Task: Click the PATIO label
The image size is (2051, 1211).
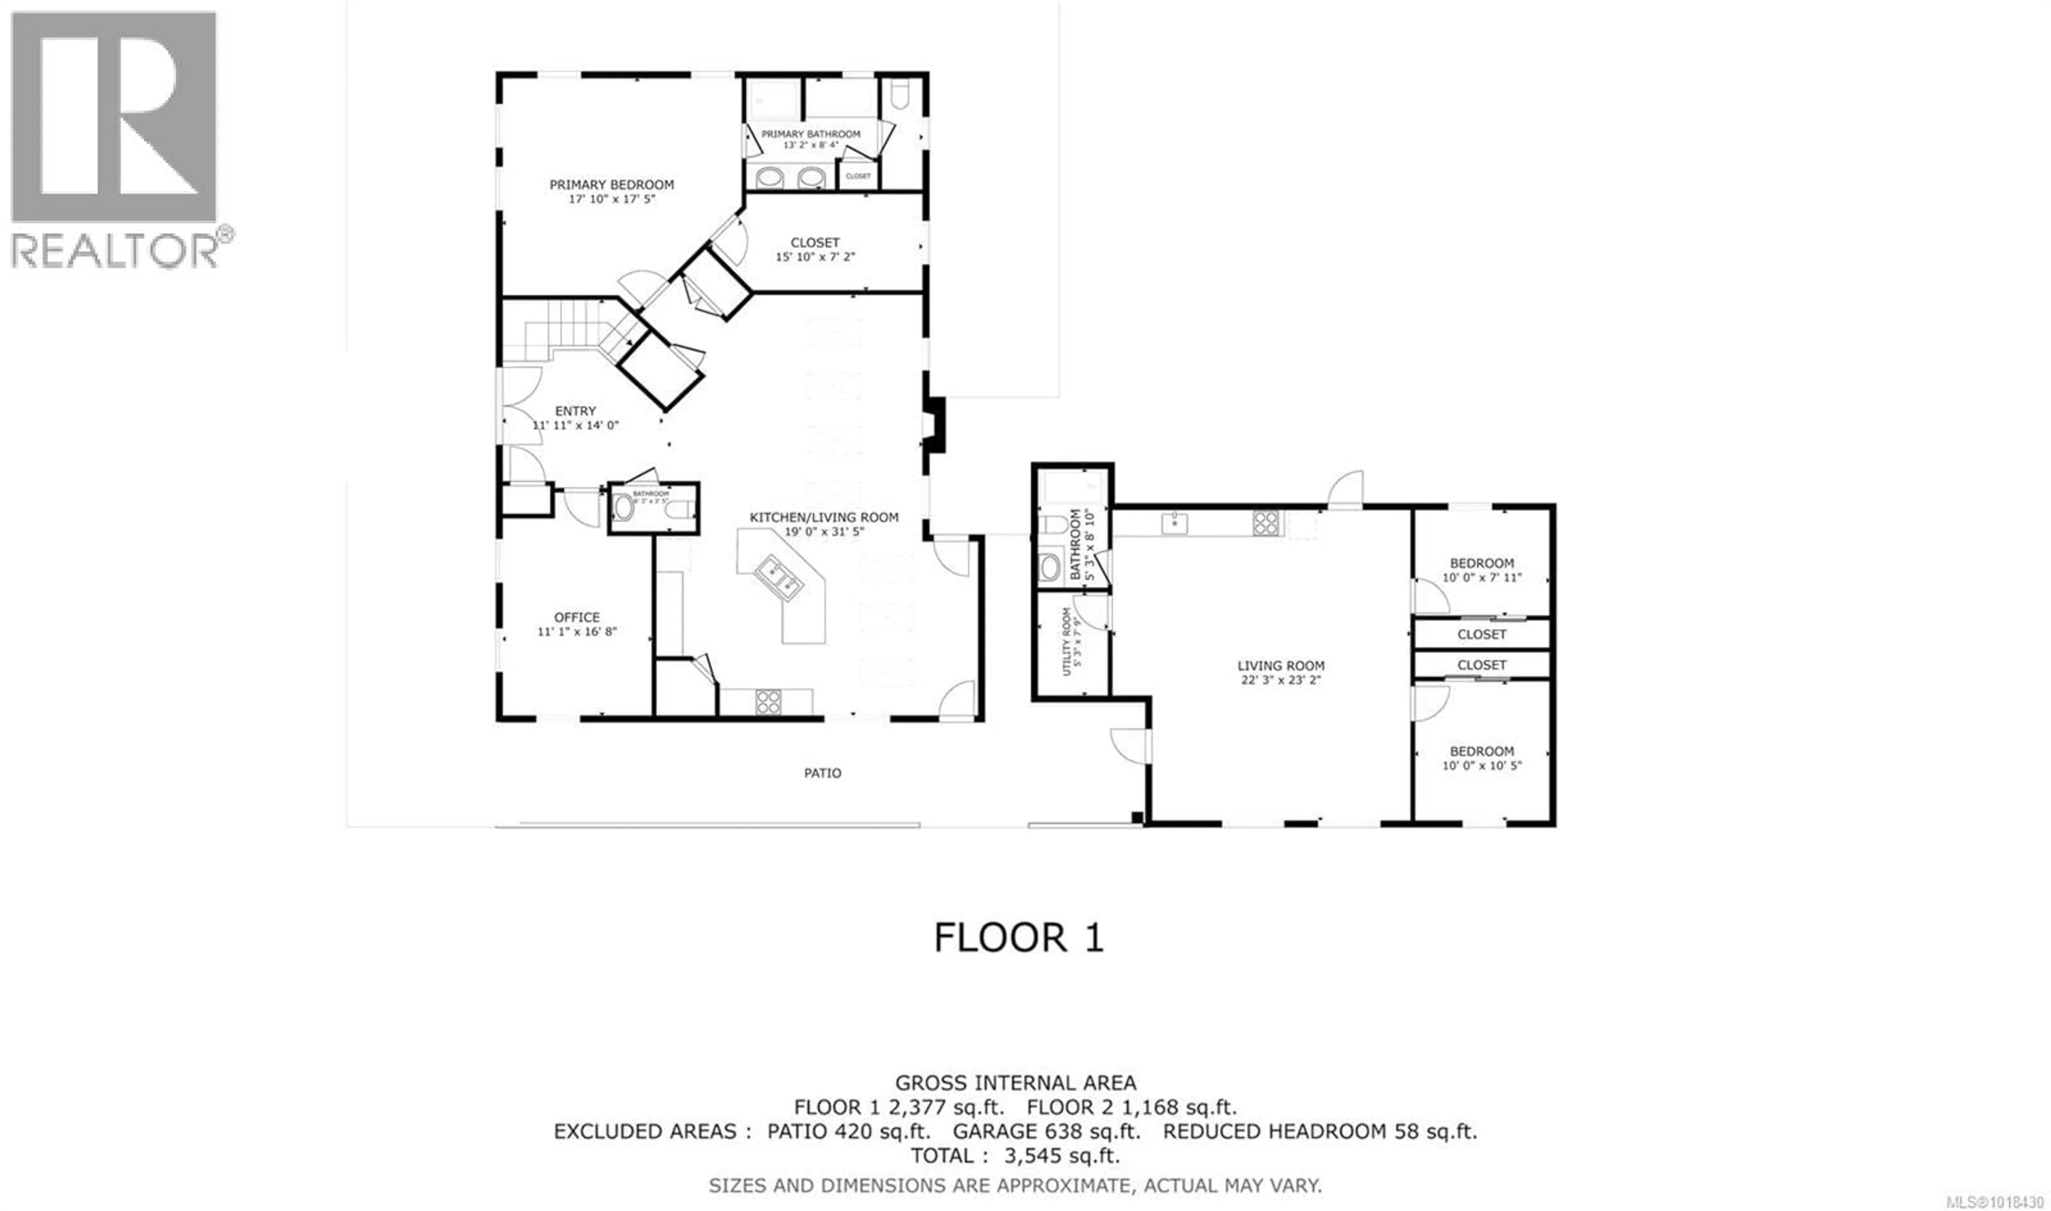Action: coord(822,773)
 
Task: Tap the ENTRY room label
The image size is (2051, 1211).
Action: coord(575,411)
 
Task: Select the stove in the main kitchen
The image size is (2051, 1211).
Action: coord(768,701)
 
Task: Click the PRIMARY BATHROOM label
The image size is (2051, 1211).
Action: coord(810,134)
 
